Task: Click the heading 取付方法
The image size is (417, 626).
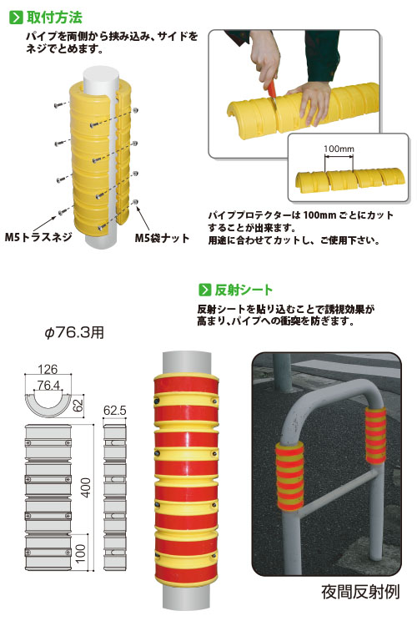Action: tap(54, 18)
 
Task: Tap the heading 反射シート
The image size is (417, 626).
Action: tap(244, 290)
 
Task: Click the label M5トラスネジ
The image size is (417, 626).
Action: tap(38, 237)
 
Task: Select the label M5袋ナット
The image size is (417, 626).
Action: tap(162, 239)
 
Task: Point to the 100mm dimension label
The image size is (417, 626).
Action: tap(339, 149)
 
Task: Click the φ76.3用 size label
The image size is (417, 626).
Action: tap(74, 332)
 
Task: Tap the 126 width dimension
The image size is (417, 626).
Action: tap(48, 369)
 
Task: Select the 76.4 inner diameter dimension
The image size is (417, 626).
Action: tap(48, 385)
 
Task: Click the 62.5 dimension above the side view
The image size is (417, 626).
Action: tap(114, 410)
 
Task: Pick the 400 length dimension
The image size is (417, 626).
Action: tap(86, 487)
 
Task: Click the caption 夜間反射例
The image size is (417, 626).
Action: tap(360, 592)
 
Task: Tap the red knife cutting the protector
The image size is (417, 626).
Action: tap(272, 88)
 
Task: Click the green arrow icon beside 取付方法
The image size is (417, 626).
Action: tap(16, 18)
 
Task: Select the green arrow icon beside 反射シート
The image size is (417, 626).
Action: tap(204, 290)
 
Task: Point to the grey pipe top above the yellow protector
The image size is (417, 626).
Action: tap(101, 78)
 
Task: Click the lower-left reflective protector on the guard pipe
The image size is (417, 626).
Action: tap(289, 476)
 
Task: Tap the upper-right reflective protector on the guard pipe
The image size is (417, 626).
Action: tap(376, 435)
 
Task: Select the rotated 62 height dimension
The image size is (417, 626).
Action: tap(78, 405)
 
